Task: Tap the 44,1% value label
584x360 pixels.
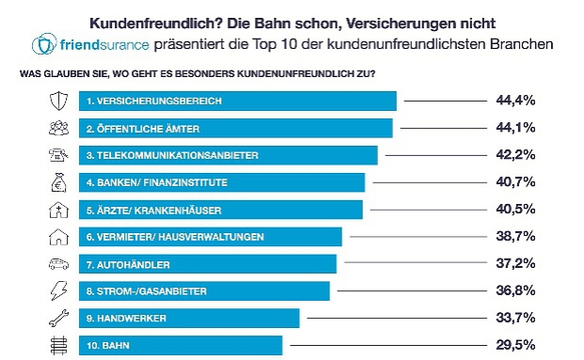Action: (x=515, y=127)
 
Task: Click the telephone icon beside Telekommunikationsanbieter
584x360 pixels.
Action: (x=57, y=154)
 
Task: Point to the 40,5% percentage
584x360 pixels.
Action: (x=515, y=209)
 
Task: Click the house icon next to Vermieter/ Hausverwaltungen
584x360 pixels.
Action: (x=57, y=236)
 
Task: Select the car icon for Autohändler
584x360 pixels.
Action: (x=57, y=263)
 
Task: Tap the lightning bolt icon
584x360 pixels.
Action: (x=57, y=290)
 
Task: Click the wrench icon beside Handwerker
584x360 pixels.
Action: (x=57, y=318)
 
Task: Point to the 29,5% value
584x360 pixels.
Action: (x=515, y=345)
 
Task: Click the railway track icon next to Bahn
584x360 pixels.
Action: (x=57, y=345)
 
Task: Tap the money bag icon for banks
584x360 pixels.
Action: (x=57, y=181)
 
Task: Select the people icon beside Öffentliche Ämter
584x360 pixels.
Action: (x=57, y=127)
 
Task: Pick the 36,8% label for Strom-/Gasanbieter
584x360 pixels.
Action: (x=515, y=290)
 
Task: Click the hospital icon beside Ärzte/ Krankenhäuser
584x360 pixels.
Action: (x=57, y=209)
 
